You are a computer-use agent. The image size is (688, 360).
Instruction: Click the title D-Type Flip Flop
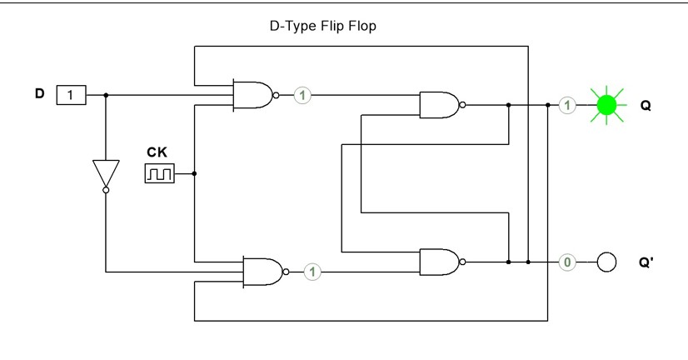(322, 26)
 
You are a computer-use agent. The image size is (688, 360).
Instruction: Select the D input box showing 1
(71, 95)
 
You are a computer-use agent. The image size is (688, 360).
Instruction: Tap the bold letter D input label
(39, 93)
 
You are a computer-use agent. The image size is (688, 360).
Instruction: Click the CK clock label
(157, 152)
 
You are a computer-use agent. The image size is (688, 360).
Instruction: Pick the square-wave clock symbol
(159, 173)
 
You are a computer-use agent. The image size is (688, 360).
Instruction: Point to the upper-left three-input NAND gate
(253, 95)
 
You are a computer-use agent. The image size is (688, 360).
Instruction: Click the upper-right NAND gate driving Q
(439, 105)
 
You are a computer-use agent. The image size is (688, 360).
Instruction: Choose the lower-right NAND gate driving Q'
(439, 262)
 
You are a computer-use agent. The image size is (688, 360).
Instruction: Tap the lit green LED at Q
(606, 105)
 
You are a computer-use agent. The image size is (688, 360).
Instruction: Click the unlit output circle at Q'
(606, 262)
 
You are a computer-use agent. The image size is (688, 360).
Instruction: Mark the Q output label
(646, 106)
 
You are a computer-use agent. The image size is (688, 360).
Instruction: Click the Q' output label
(647, 262)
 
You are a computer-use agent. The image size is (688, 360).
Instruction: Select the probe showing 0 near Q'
(567, 262)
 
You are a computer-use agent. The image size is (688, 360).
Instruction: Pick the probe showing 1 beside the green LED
(567, 105)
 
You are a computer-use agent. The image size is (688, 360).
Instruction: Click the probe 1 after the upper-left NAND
(303, 95)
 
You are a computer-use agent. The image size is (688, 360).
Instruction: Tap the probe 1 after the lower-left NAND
(312, 272)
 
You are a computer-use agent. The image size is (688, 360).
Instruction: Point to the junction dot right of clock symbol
(194, 173)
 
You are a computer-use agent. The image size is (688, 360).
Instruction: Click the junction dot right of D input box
(106, 95)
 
